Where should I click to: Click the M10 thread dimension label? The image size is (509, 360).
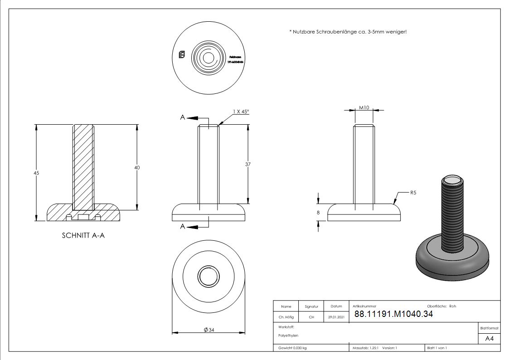tap(364, 107)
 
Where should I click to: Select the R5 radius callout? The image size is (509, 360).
tap(413, 193)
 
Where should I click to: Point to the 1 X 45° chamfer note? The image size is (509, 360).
tap(241, 112)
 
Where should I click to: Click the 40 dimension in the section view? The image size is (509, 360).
tap(137, 168)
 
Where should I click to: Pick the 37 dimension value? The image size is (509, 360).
tap(248, 165)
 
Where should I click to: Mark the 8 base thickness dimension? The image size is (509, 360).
tap(319, 212)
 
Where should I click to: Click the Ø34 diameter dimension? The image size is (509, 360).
tap(209, 330)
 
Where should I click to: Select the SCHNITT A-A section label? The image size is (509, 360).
tap(83, 236)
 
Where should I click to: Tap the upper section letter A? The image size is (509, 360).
tap(183, 117)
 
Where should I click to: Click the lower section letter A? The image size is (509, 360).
tap(183, 226)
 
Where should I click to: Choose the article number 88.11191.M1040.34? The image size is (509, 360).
tap(393, 314)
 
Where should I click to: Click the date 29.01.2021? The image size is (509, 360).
tap(336, 317)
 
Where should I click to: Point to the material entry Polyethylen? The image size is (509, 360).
tap(289, 336)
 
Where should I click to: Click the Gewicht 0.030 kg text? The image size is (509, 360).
tap(292, 348)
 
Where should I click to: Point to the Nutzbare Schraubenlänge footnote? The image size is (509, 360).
tap(348, 32)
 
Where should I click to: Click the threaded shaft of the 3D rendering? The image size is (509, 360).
tap(452, 213)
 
